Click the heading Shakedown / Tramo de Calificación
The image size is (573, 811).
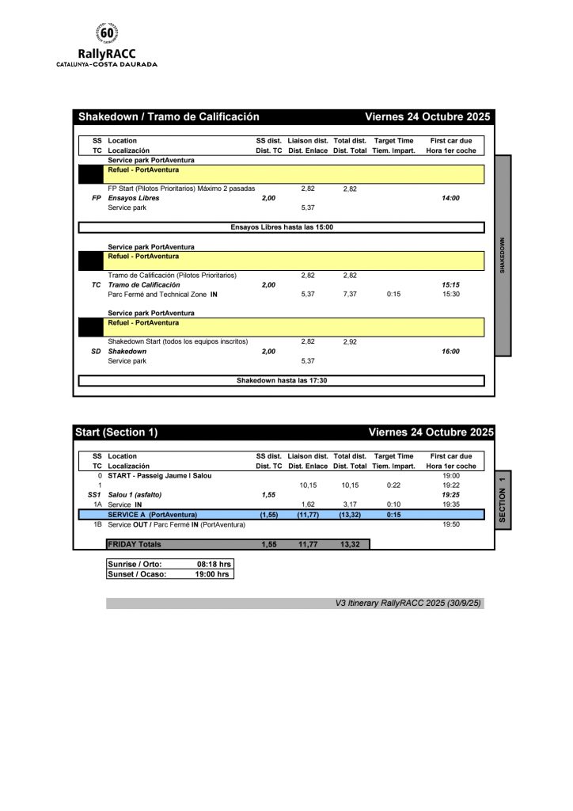169,116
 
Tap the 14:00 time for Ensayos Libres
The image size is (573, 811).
450,198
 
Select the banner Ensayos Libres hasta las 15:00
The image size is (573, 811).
281,227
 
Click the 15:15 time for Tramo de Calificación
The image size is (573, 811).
450,284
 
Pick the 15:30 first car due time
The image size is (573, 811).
450,294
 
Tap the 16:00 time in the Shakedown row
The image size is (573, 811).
450,352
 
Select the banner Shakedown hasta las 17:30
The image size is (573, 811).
281,381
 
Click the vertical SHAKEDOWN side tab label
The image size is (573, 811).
503,255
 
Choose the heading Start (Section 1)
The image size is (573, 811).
116,432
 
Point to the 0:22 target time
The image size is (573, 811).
393,485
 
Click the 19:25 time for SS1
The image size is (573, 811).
450,494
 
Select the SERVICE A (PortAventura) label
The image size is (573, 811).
152,514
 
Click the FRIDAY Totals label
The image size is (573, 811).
135,544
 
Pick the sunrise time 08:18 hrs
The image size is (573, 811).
213,565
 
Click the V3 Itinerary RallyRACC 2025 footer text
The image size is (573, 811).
409,603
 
